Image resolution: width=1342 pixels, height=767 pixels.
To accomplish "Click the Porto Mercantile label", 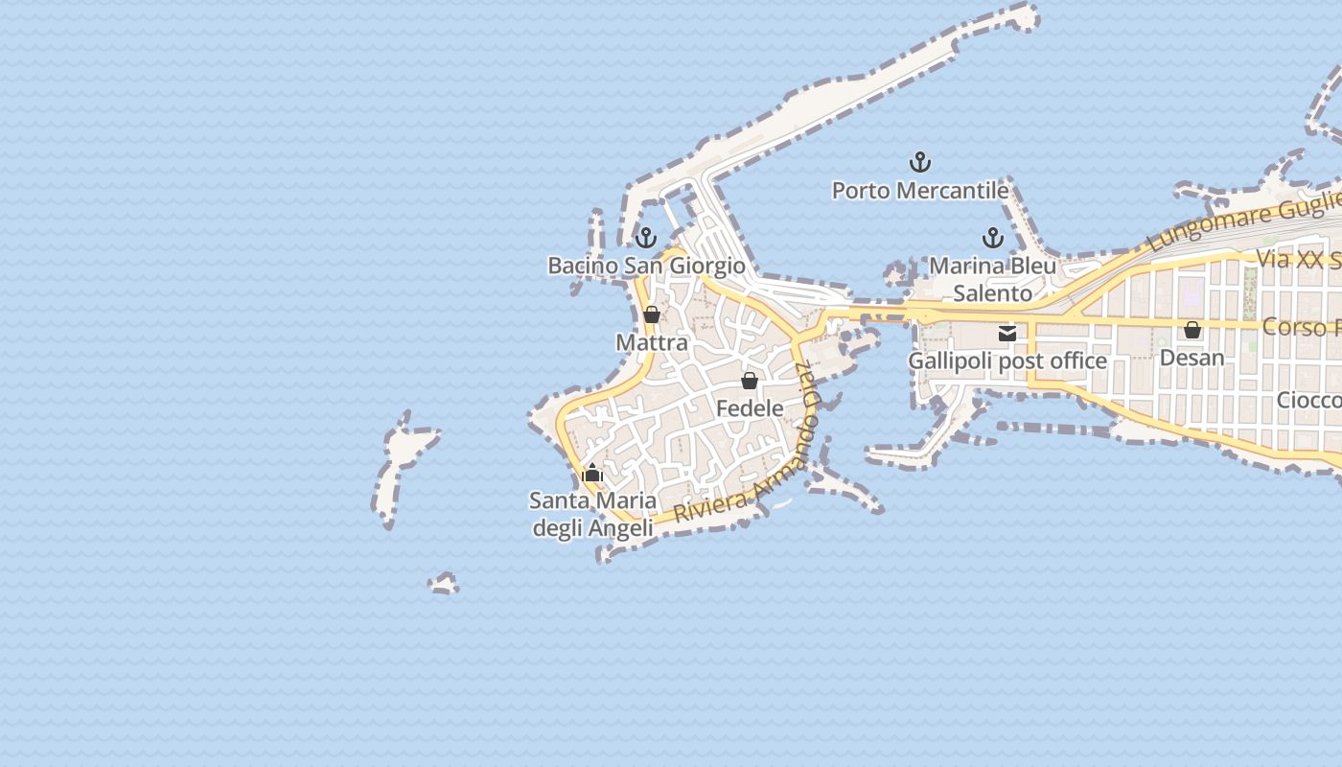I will click(x=919, y=191).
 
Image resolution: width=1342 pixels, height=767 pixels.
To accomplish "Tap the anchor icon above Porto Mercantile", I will click(x=920, y=161).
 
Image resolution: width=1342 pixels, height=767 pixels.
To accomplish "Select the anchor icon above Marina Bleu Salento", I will click(x=992, y=238).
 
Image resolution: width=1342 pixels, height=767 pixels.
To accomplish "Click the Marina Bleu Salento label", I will click(x=993, y=279).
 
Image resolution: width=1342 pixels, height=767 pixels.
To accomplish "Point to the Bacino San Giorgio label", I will click(x=646, y=266).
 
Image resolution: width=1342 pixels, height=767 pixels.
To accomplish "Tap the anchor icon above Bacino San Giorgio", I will click(x=646, y=237).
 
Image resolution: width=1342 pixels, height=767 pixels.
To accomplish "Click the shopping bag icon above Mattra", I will click(x=652, y=314).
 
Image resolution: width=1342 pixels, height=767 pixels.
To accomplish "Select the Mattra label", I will click(x=652, y=342).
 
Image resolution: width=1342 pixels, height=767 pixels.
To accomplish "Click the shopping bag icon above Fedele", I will click(x=750, y=381).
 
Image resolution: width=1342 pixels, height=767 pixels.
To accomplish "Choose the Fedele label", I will click(x=750, y=408).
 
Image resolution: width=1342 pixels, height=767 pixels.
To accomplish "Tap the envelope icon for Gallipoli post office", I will click(x=1007, y=334).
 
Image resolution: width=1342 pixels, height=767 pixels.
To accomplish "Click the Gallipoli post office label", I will click(x=1007, y=361).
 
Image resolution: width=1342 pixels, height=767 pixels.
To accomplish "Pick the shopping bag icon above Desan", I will click(x=1192, y=330).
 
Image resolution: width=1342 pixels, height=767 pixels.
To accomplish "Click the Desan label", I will click(x=1192, y=358).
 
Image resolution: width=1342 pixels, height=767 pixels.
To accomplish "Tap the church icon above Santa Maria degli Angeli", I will click(x=592, y=472).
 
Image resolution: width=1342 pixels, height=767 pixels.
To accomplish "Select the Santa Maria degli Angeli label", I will click(x=593, y=514).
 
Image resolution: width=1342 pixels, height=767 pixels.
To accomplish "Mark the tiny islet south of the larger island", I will click(x=443, y=583).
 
